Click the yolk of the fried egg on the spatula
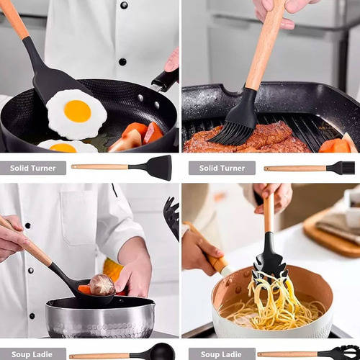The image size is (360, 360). pos(78,112)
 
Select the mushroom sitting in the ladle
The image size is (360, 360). pos(102,285)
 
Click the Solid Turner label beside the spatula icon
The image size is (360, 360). pos(33,168)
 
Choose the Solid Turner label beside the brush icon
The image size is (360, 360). pos(222,168)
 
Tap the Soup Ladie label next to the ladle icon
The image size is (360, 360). pos(32,354)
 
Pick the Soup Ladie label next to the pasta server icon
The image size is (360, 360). pos(221,354)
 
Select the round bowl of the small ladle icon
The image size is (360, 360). pos(161,352)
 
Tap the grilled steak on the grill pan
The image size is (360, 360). pos(247,139)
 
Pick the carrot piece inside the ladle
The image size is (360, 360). pos(84,289)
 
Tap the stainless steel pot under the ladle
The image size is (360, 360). pos(100,318)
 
